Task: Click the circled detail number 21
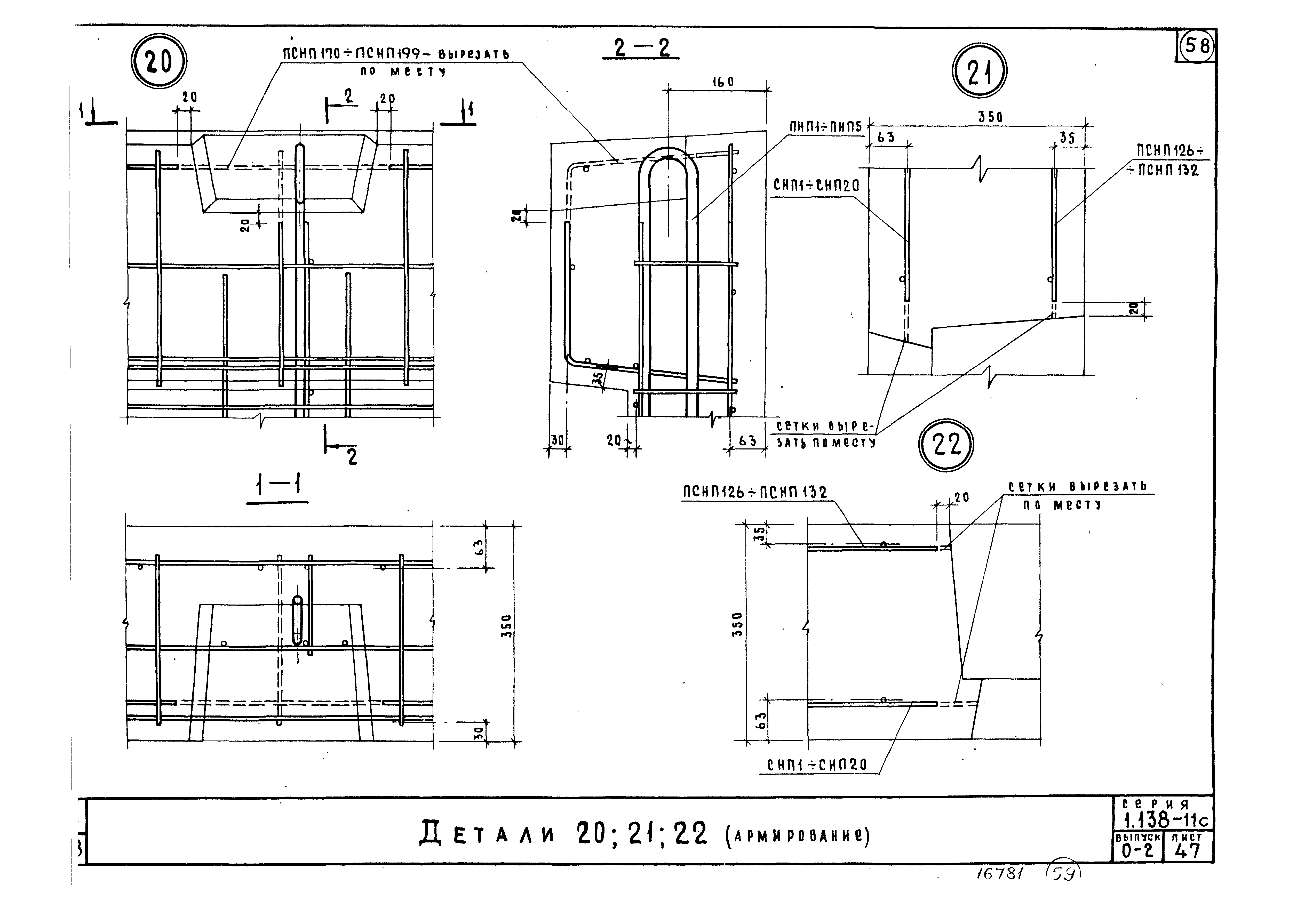980,72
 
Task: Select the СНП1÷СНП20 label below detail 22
816,765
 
